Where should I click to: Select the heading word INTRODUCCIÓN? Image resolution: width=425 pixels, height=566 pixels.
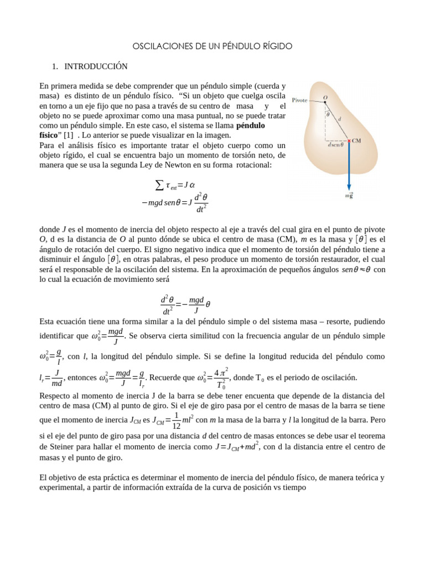tap(96, 66)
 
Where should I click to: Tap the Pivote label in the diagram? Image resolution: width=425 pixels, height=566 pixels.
tap(299, 101)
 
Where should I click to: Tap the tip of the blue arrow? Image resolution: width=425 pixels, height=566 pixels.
tap(349, 189)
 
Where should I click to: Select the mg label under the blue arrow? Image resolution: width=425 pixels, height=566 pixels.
tap(349, 196)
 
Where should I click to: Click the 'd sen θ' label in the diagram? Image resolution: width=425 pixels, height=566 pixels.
tap(335, 145)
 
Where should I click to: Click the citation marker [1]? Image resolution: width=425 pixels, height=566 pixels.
tap(68, 134)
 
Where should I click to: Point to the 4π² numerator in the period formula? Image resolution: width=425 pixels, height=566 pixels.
tap(221, 371)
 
